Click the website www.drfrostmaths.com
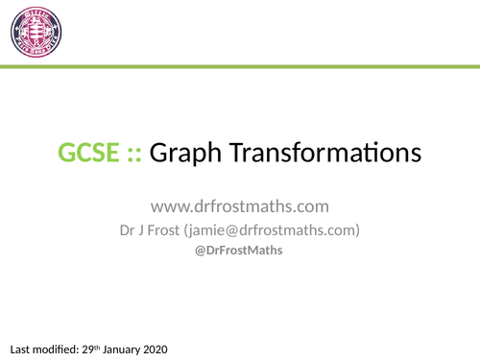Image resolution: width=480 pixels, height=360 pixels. coord(239,206)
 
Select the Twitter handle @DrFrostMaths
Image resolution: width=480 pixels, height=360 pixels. coord(240,252)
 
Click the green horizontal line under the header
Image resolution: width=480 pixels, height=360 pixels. coord(240,66)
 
